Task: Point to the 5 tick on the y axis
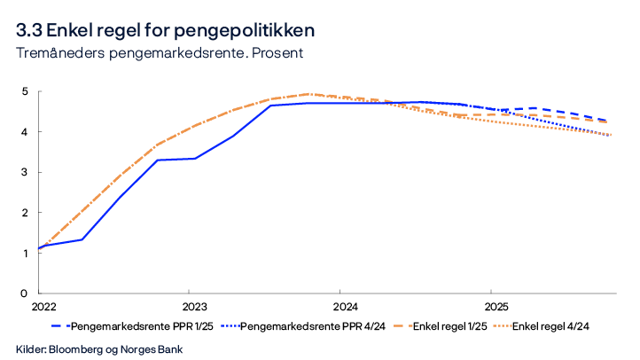coord(26,91)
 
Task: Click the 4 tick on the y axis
coord(26,132)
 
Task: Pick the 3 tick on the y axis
coord(26,172)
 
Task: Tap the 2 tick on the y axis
coord(26,213)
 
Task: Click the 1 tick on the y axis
coord(26,253)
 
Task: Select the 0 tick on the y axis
coord(26,293)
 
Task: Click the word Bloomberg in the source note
coord(81,348)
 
